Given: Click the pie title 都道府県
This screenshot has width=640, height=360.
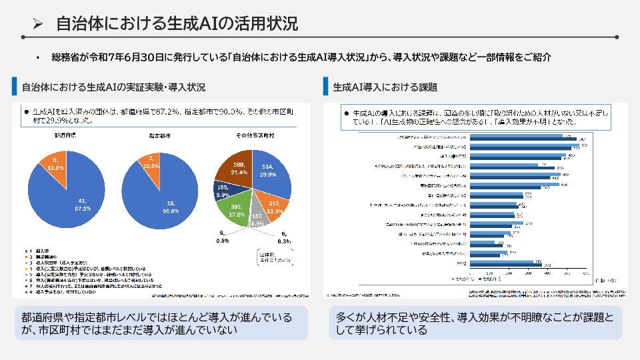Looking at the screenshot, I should click(x=66, y=136).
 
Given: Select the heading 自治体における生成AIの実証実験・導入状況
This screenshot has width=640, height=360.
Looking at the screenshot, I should click(x=113, y=87).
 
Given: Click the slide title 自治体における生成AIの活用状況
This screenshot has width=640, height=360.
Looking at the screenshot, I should click(x=177, y=24).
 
